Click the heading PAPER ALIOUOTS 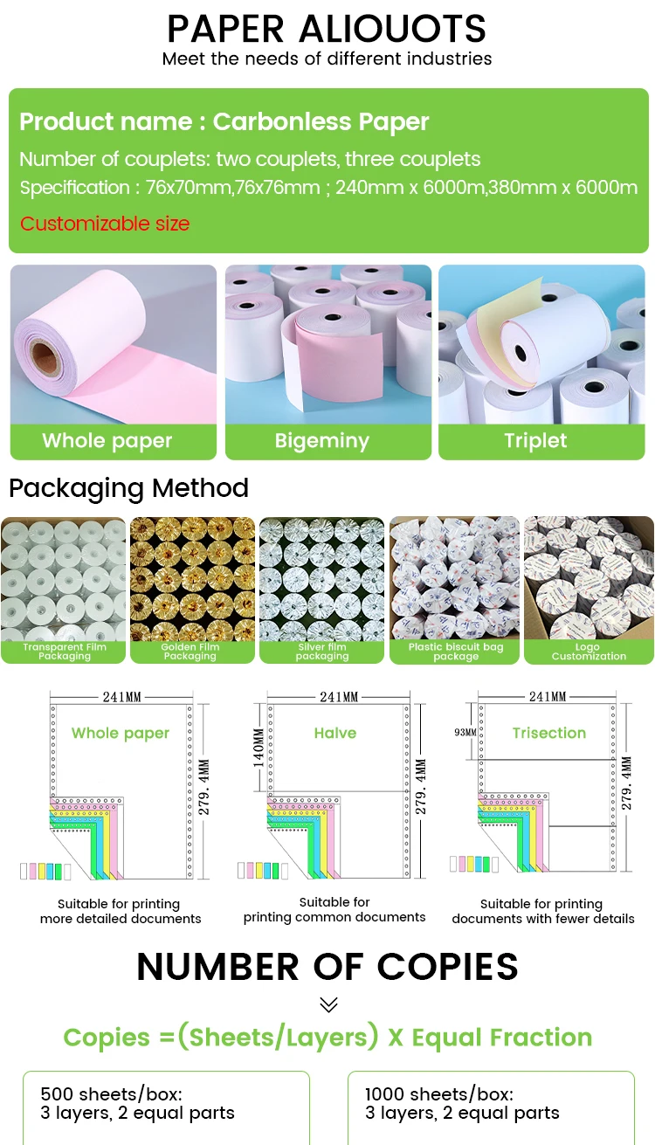[327, 29]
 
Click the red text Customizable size [105, 224]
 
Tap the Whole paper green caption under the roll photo [107, 441]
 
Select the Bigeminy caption [322, 441]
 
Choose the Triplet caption [535, 441]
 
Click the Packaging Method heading [129, 487]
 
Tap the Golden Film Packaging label [190, 652]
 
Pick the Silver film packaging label [321, 652]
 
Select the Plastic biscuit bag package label [456, 652]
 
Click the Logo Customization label [589, 652]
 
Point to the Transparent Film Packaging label [65, 652]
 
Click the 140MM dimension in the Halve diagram [259, 748]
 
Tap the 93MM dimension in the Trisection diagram [465, 732]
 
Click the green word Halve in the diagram [335, 734]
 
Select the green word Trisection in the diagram [549, 733]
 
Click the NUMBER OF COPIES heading [327, 967]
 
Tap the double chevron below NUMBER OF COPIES [328, 1004]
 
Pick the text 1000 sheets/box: [438, 1094]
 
